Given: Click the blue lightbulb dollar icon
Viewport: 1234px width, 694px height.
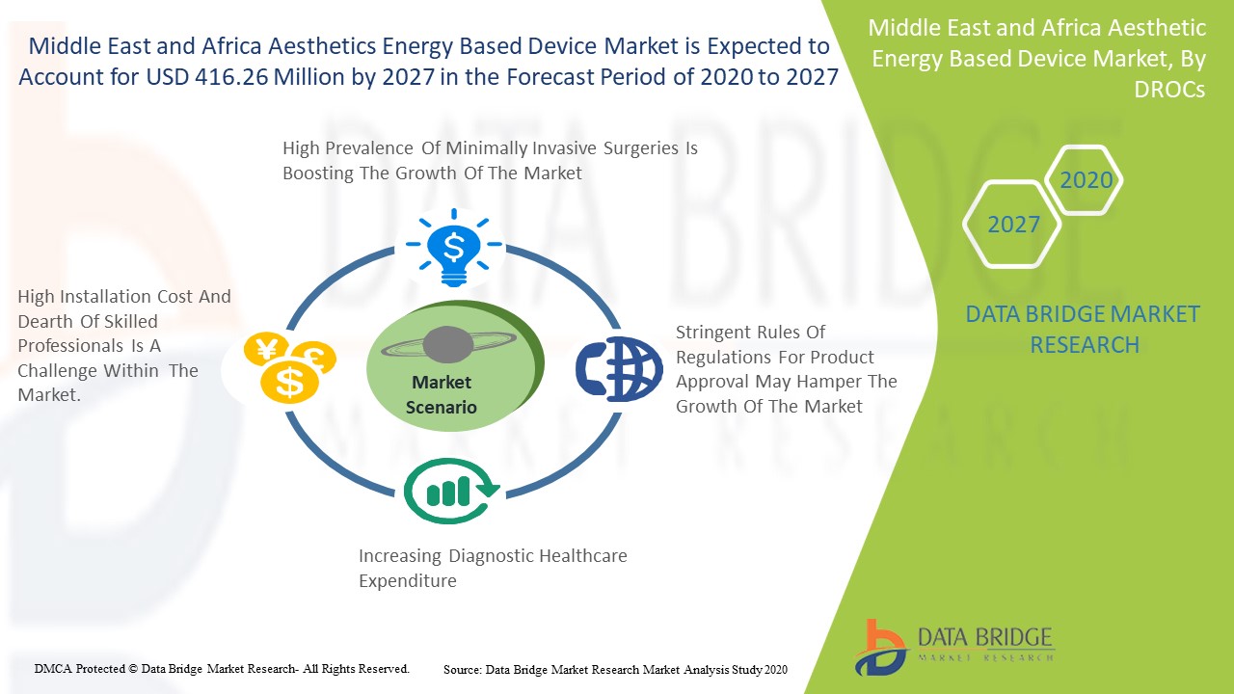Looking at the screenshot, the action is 453,248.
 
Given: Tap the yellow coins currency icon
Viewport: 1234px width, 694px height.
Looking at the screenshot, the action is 290,367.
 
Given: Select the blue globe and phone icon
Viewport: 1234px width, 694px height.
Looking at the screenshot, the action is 619,368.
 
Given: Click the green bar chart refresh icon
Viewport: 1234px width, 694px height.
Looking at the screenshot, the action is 452,491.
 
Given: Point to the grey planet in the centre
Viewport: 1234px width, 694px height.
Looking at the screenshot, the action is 448,345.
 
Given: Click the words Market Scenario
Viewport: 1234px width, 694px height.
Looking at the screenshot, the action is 442,394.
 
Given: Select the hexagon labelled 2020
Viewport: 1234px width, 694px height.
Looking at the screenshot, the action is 1084,180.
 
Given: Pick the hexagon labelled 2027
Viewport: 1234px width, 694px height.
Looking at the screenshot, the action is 1012,225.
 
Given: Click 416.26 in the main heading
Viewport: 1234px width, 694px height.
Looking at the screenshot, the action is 231,77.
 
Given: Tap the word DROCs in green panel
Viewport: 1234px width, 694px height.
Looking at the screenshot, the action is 1169,90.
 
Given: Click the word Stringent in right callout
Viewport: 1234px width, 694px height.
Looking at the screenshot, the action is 710,333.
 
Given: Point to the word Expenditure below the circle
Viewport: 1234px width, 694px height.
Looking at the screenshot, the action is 408,581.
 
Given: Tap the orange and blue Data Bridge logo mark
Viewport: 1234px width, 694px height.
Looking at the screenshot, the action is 880,648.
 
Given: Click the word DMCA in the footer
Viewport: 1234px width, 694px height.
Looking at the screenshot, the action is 53,669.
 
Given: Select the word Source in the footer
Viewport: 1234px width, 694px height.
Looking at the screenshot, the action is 462,670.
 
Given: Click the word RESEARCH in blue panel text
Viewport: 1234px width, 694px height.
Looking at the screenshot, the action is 1085,345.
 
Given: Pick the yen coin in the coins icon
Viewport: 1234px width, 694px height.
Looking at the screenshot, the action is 266,349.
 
